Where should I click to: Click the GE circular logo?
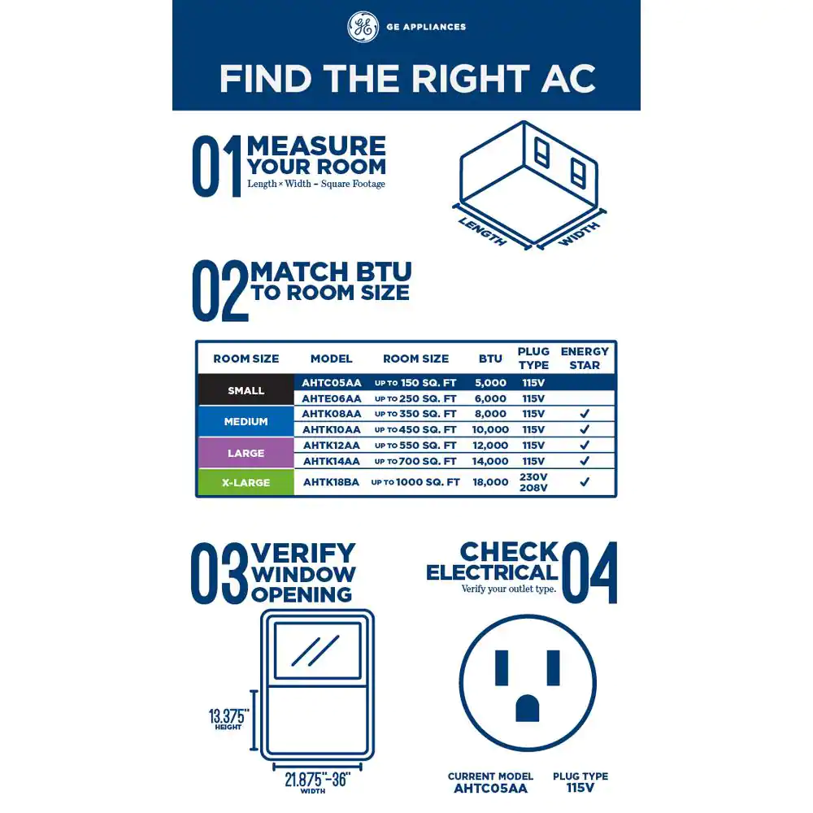tap(363, 27)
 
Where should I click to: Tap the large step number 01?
tap(217, 167)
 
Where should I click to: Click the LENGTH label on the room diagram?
tap(482, 232)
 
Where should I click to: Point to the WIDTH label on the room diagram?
tap(579, 234)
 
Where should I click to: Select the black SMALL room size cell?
tap(246, 390)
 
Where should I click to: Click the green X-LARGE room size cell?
tap(246, 482)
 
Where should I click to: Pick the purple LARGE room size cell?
tap(246, 453)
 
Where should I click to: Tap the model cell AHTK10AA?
tap(332, 429)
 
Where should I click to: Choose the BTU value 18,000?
tap(490, 482)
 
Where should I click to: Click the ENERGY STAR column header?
tap(585, 359)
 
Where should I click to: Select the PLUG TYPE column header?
tap(533, 359)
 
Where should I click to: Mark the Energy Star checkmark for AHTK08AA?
tap(585, 413)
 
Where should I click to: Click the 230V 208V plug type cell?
tap(533, 482)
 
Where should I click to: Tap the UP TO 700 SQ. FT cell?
tap(415, 461)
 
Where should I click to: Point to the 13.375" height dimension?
tap(228, 719)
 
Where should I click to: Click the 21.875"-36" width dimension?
tap(317, 782)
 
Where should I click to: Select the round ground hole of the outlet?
tap(528, 708)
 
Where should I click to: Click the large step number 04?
tap(589, 572)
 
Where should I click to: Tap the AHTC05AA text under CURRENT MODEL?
tap(490, 789)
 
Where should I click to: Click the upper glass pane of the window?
tap(317, 650)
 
